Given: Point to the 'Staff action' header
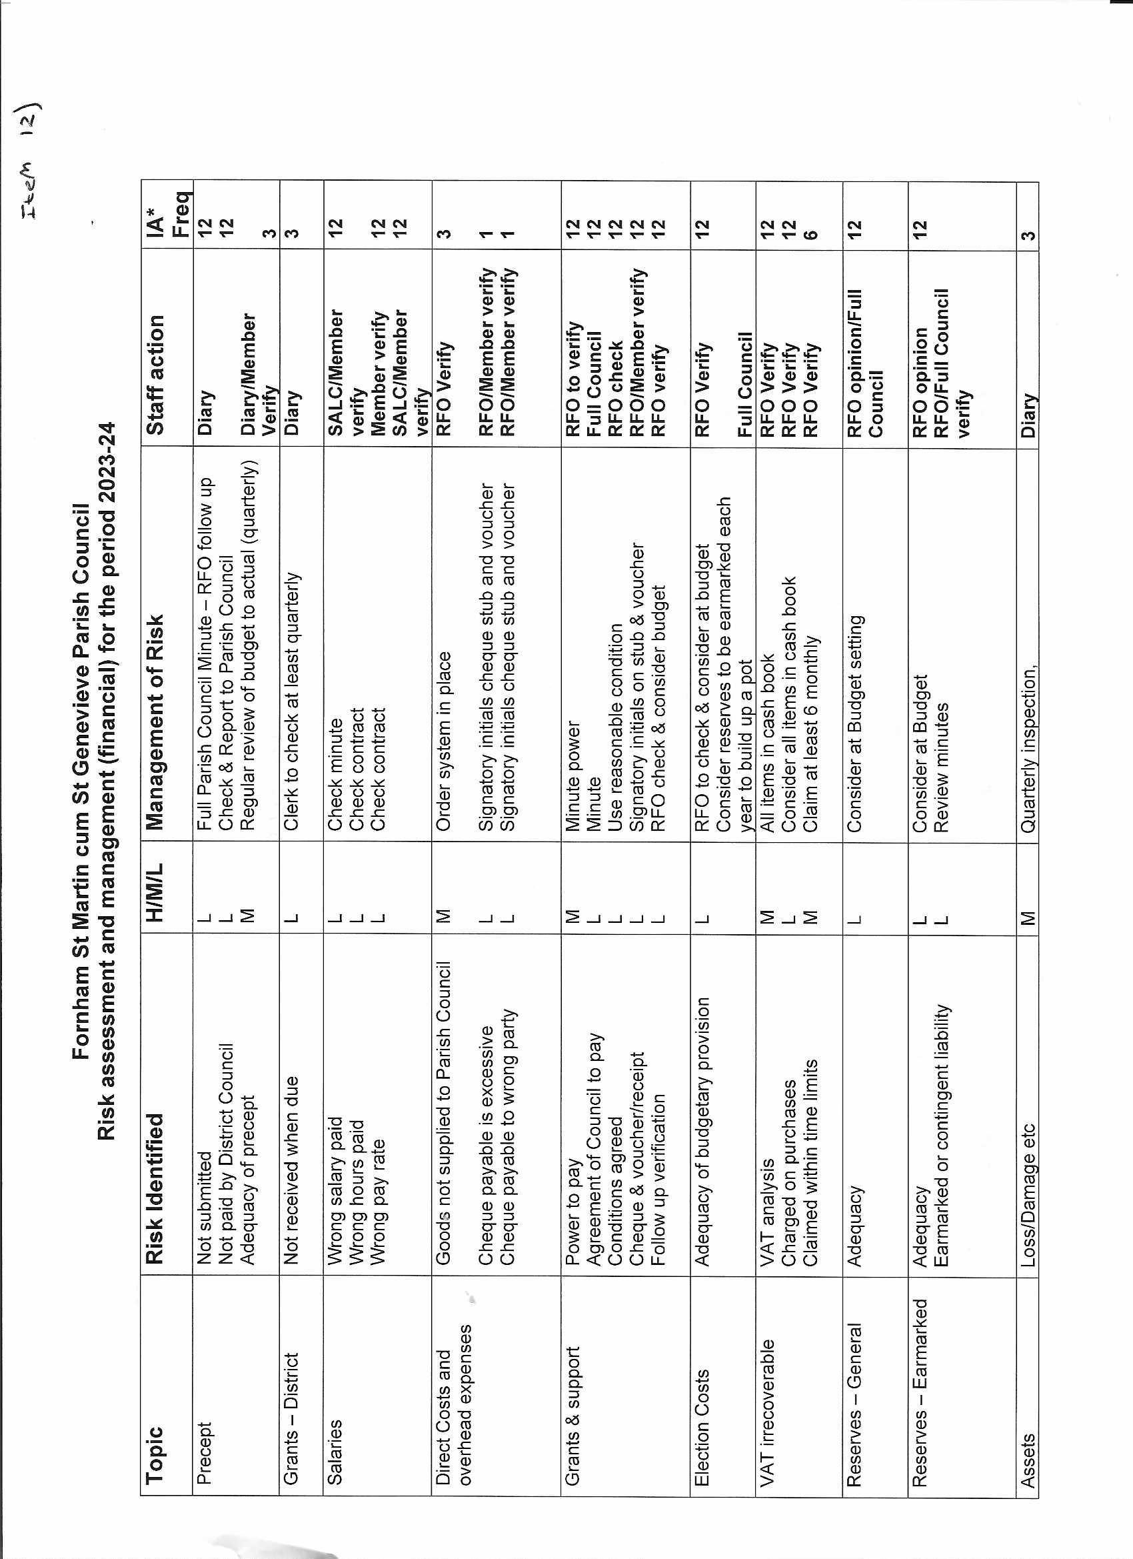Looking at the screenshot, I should (155, 375).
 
